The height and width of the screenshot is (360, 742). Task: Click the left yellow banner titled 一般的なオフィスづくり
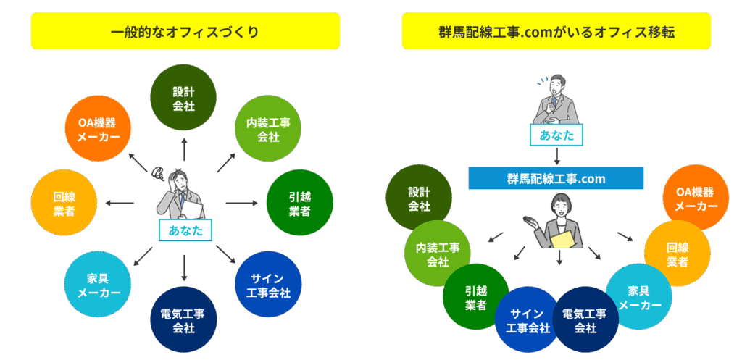click(185, 31)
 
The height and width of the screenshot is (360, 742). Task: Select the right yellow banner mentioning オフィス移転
click(556, 31)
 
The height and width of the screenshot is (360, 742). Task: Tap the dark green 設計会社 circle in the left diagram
click(183, 98)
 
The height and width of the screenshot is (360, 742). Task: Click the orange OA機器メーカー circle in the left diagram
click(98, 129)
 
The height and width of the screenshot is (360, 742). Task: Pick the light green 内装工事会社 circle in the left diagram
click(268, 129)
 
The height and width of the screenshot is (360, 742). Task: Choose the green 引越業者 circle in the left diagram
click(299, 203)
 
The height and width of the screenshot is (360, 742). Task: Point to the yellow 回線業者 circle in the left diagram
click(64, 203)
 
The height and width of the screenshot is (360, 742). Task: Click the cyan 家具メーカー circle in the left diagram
click(98, 285)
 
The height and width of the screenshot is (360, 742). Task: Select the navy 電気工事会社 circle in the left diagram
click(183, 319)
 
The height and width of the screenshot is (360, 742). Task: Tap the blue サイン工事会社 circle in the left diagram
click(268, 285)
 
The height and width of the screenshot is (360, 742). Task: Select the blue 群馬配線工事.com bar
click(556, 178)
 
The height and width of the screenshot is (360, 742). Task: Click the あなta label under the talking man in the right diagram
click(556, 135)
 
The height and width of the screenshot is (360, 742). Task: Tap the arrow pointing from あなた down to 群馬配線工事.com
click(557, 156)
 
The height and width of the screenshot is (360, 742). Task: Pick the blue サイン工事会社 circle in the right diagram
click(528, 319)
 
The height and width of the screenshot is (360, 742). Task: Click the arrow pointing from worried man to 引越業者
click(241, 203)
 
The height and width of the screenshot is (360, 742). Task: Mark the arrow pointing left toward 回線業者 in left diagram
click(120, 203)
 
